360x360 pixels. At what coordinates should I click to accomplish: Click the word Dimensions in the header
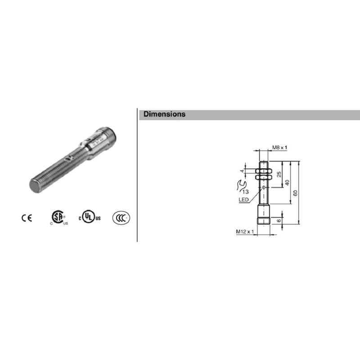click(164, 114)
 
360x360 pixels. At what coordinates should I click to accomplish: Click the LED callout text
click(243, 199)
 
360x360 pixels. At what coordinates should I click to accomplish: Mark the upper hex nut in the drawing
click(263, 171)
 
